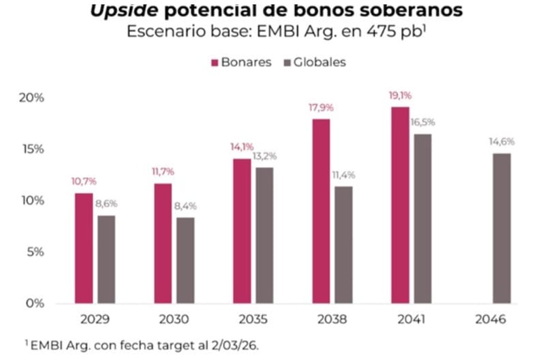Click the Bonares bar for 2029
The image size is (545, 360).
84,248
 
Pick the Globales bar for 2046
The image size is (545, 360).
501,228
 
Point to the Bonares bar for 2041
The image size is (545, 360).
400,205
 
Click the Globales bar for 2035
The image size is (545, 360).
264,235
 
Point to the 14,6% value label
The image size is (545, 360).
501,142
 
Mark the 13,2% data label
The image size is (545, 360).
264,156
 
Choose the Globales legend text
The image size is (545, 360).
321,63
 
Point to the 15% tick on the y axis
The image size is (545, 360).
31,149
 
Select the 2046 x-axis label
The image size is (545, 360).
492,318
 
